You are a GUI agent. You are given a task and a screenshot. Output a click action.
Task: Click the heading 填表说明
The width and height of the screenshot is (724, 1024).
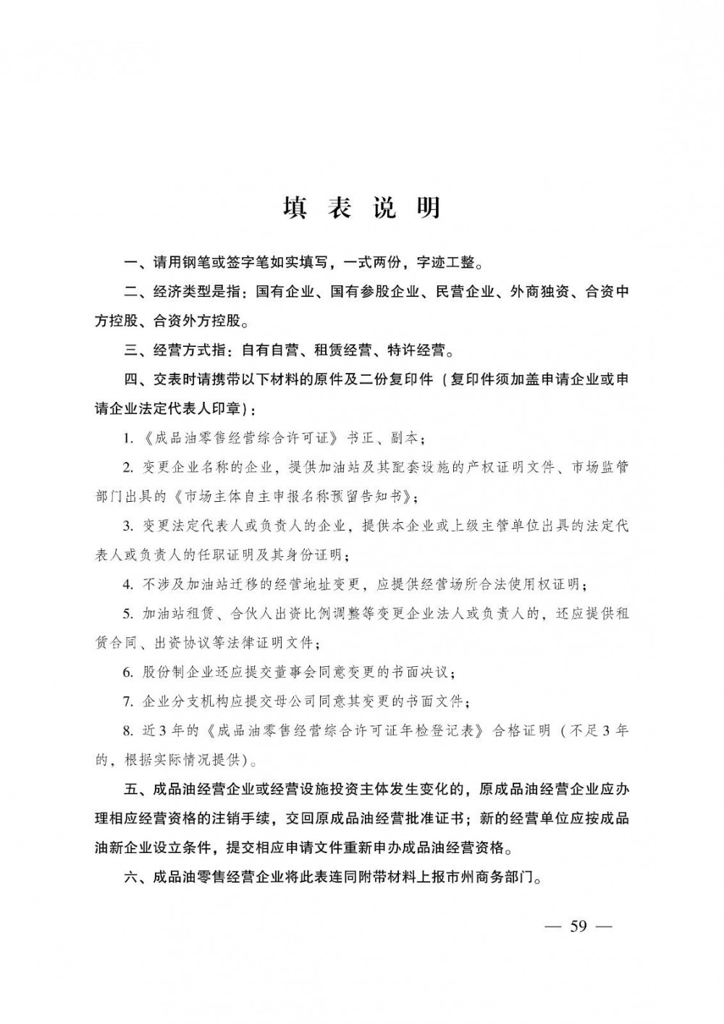pos(361,208)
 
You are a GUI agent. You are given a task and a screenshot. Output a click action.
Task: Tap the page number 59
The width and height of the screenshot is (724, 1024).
pos(578,926)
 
